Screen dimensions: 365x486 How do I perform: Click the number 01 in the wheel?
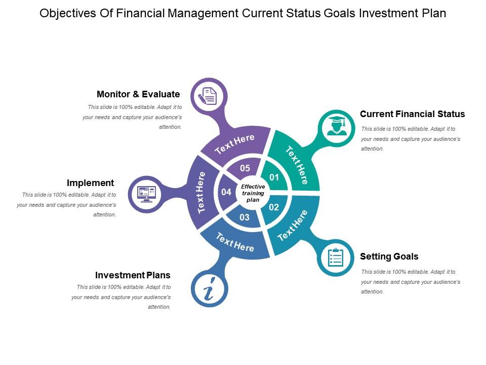point(274,177)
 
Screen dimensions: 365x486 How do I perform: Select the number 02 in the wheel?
point(274,207)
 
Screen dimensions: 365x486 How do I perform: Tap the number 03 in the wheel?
point(245,217)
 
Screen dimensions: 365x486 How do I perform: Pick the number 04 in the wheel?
point(226,192)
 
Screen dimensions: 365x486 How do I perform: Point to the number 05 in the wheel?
point(245,168)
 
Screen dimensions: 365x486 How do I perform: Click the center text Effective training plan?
point(253,193)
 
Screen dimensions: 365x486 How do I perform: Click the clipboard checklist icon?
point(336,258)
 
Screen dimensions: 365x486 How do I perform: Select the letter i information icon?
point(209,289)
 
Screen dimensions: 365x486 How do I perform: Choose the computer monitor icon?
point(147,194)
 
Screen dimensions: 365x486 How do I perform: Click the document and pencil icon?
point(208,95)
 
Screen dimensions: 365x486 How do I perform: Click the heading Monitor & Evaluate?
point(138,94)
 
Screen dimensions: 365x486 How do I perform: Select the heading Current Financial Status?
point(412,114)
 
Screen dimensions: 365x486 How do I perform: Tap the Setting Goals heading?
point(389,257)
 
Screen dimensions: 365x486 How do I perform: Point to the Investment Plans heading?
point(133,275)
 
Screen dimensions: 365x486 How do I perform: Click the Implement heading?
point(90,183)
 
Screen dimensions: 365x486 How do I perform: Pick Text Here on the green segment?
point(297,165)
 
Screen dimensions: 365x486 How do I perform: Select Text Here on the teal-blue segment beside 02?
point(293,226)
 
